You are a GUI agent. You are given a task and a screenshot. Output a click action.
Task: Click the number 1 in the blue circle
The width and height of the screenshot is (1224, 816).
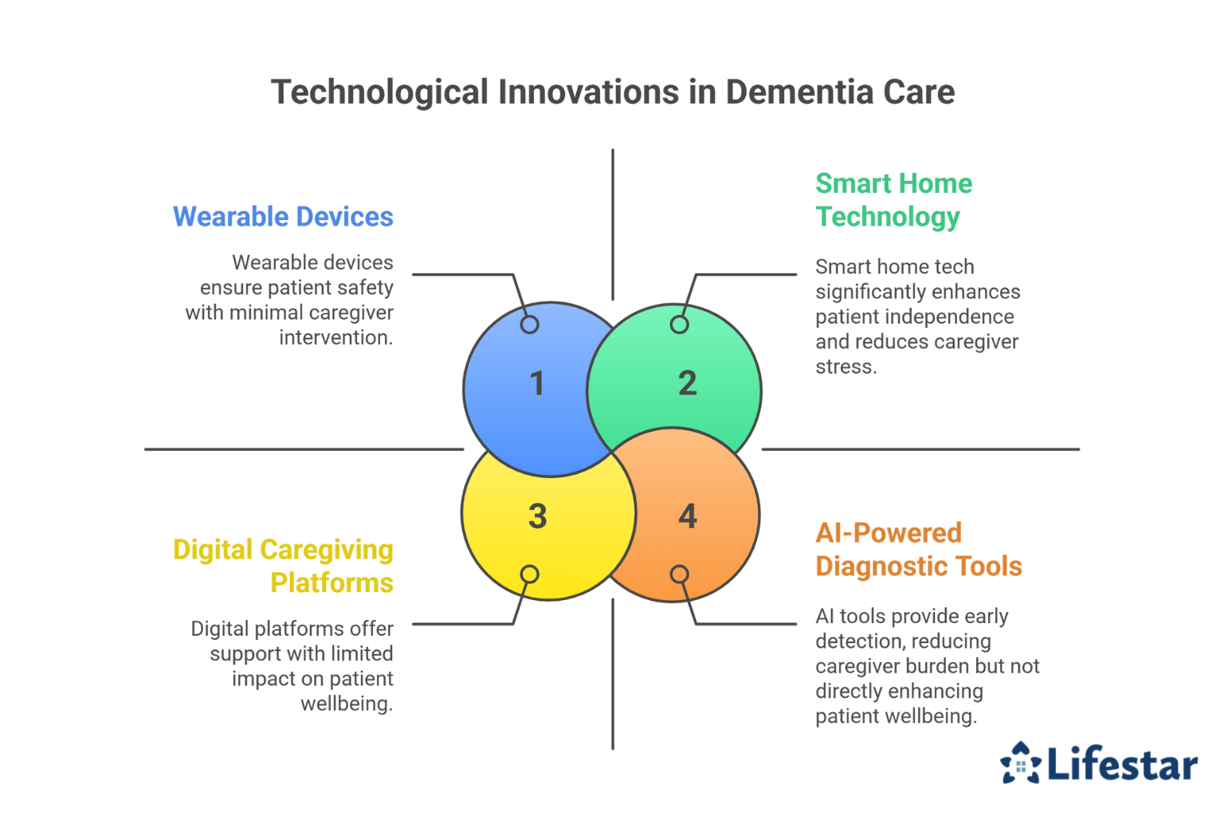[x=537, y=383]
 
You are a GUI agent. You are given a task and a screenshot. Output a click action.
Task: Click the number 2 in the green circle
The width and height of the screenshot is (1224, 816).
[x=687, y=383]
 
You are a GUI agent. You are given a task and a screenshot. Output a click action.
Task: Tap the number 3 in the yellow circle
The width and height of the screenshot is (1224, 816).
[x=537, y=516]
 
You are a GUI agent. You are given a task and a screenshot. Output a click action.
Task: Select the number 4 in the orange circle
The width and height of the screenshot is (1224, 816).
[x=687, y=516]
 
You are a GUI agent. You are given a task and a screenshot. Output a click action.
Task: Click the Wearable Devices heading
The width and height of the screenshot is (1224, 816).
[x=283, y=217]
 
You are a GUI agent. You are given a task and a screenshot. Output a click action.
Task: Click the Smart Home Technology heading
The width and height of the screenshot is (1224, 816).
[x=893, y=200]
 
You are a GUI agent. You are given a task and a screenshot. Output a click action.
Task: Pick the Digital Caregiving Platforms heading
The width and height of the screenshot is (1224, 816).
[x=283, y=566]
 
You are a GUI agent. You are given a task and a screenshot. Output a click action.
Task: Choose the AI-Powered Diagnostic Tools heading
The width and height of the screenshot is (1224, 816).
[x=918, y=549]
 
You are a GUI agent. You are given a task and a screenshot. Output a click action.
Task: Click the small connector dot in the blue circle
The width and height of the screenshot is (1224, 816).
[x=529, y=324]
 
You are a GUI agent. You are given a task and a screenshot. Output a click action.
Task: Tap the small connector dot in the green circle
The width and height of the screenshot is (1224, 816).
[x=679, y=324]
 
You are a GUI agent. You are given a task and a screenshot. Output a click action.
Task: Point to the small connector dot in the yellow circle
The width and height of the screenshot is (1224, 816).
[x=529, y=574]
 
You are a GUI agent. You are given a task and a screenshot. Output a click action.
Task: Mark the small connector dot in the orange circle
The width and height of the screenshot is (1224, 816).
[x=679, y=574]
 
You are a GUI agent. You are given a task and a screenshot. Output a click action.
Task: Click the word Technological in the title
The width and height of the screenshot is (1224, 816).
[x=379, y=92]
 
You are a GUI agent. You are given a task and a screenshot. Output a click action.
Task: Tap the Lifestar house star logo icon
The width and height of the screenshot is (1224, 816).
[x=1021, y=763]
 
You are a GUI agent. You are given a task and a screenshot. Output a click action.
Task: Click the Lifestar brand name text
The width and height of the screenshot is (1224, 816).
[x=1122, y=764]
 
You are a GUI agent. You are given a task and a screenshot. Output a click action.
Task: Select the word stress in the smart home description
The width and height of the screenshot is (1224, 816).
[x=845, y=367]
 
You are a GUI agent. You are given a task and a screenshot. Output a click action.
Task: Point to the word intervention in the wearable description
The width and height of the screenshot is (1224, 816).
[x=335, y=337]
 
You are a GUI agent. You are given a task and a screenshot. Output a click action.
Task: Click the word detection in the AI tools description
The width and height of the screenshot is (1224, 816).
[x=853, y=641]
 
